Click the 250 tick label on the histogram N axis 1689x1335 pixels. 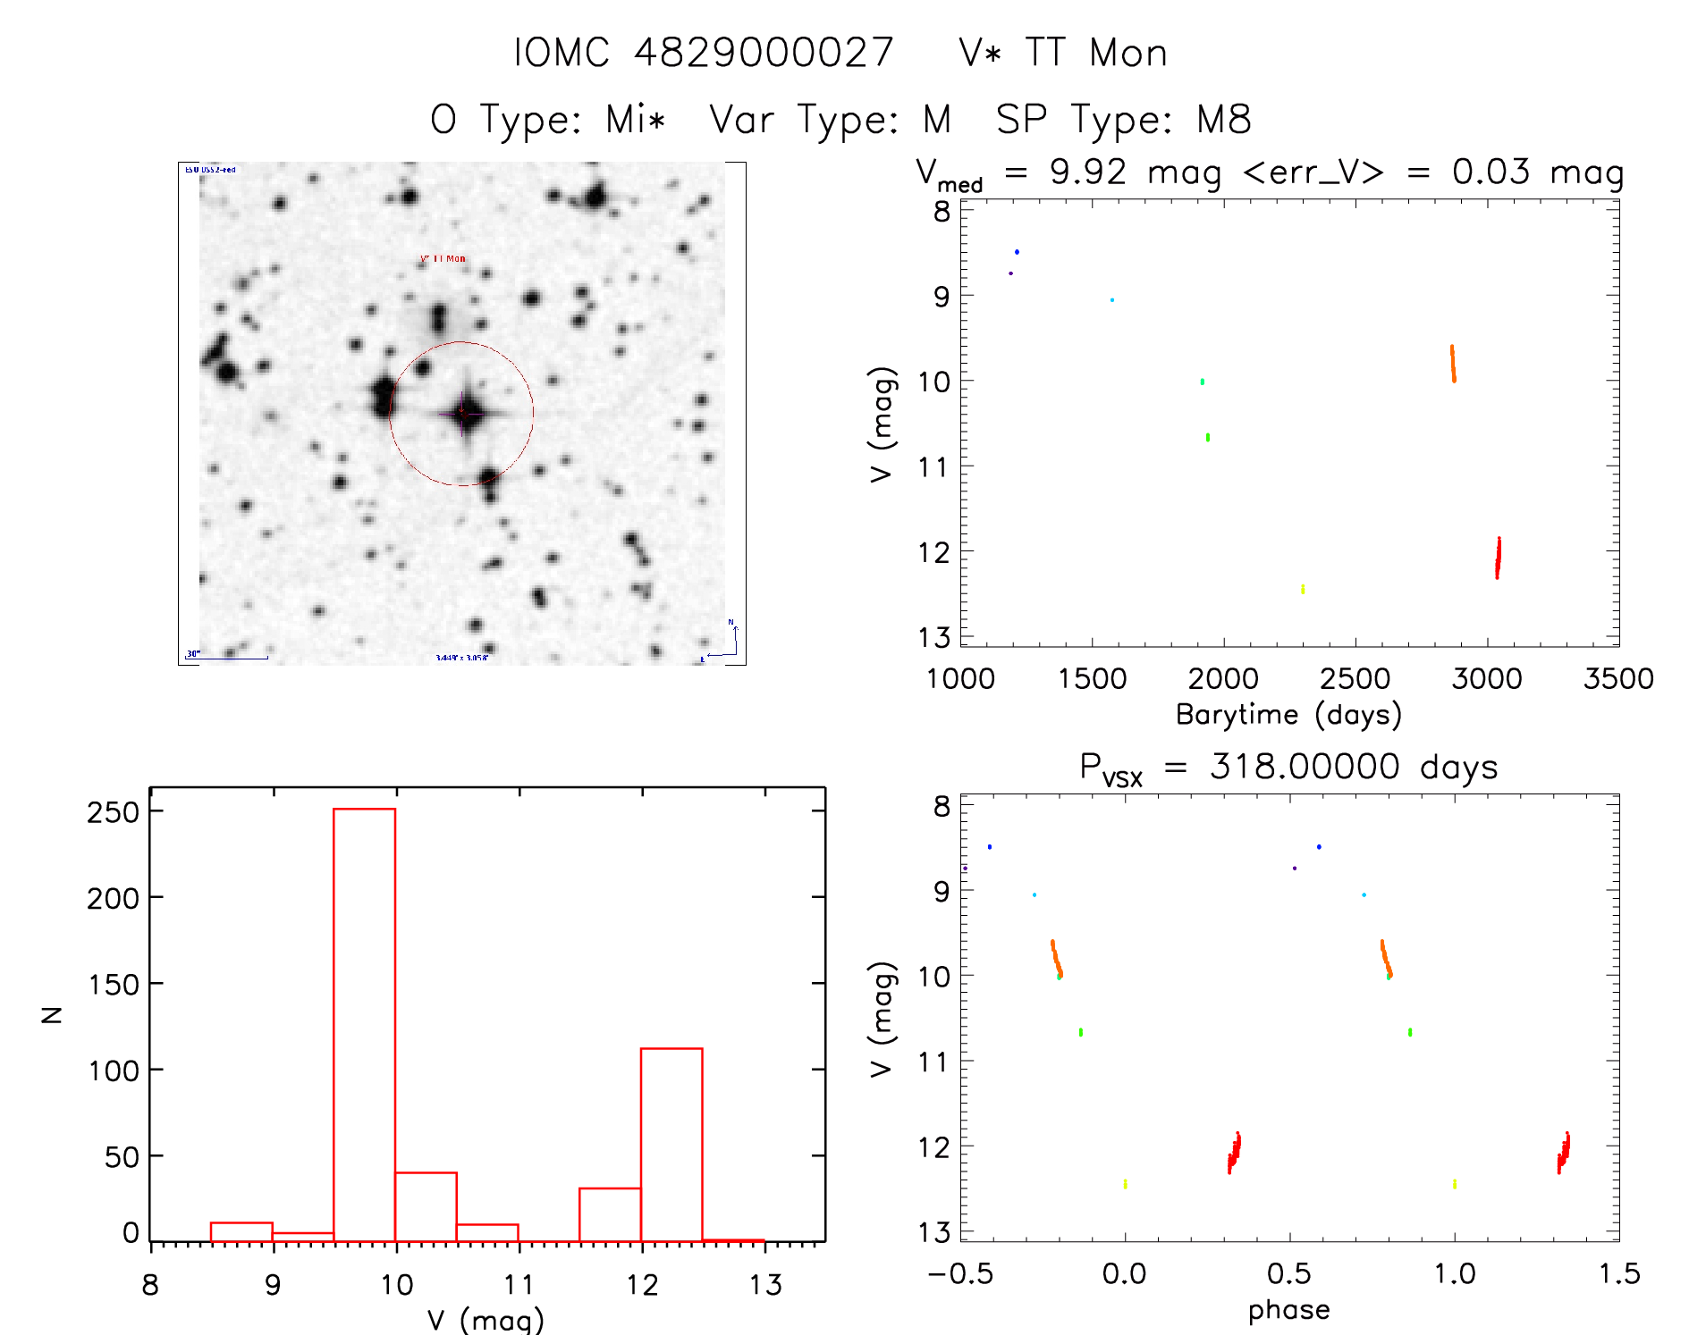pyautogui.click(x=113, y=812)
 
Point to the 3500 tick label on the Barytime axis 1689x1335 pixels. pyautogui.click(x=1617, y=679)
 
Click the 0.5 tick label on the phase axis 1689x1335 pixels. pyautogui.click(x=1289, y=1273)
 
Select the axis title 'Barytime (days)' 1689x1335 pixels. pyautogui.click(x=1288, y=714)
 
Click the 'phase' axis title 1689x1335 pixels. pyautogui.click(x=1288, y=1310)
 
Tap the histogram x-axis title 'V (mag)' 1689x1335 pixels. pyautogui.click(x=486, y=1319)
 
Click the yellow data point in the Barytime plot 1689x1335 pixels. pyautogui.click(x=1303, y=589)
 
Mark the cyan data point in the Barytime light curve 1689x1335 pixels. pyautogui.click(x=1111, y=300)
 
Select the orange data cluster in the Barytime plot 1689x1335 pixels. pyautogui.click(x=1453, y=364)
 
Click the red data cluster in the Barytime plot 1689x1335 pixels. pyautogui.click(x=1498, y=558)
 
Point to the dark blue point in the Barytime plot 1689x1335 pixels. pyautogui.click(x=1017, y=252)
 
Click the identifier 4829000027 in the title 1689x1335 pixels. pyautogui.click(x=764, y=53)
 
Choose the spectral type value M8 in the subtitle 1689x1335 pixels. pyautogui.click(x=1224, y=120)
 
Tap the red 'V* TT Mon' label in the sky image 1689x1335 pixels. pyautogui.click(x=443, y=259)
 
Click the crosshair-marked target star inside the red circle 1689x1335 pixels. pyautogui.click(x=463, y=413)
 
